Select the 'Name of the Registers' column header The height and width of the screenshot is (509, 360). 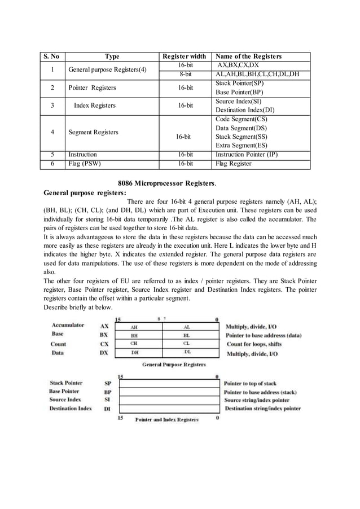(248, 56)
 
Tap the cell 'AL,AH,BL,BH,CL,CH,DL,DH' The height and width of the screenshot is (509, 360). (257, 74)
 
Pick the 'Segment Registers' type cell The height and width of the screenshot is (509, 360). (93, 132)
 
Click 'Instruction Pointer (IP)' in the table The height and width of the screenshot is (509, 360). (246, 155)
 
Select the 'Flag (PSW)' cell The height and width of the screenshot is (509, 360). (82, 164)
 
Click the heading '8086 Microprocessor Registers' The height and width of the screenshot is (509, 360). (166, 183)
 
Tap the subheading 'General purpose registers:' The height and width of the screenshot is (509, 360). (85, 192)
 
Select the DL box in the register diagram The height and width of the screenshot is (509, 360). (187, 352)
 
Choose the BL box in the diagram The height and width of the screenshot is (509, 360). (187, 335)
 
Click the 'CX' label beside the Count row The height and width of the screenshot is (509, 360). (104, 344)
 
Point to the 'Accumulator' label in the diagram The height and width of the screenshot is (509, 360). (68, 325)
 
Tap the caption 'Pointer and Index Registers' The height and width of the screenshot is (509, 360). (167, 419)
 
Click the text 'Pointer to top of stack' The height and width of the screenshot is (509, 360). (251, 383)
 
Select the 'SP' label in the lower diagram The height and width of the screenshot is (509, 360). (107, 383)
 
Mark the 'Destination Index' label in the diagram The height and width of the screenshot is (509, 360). (71, 408)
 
